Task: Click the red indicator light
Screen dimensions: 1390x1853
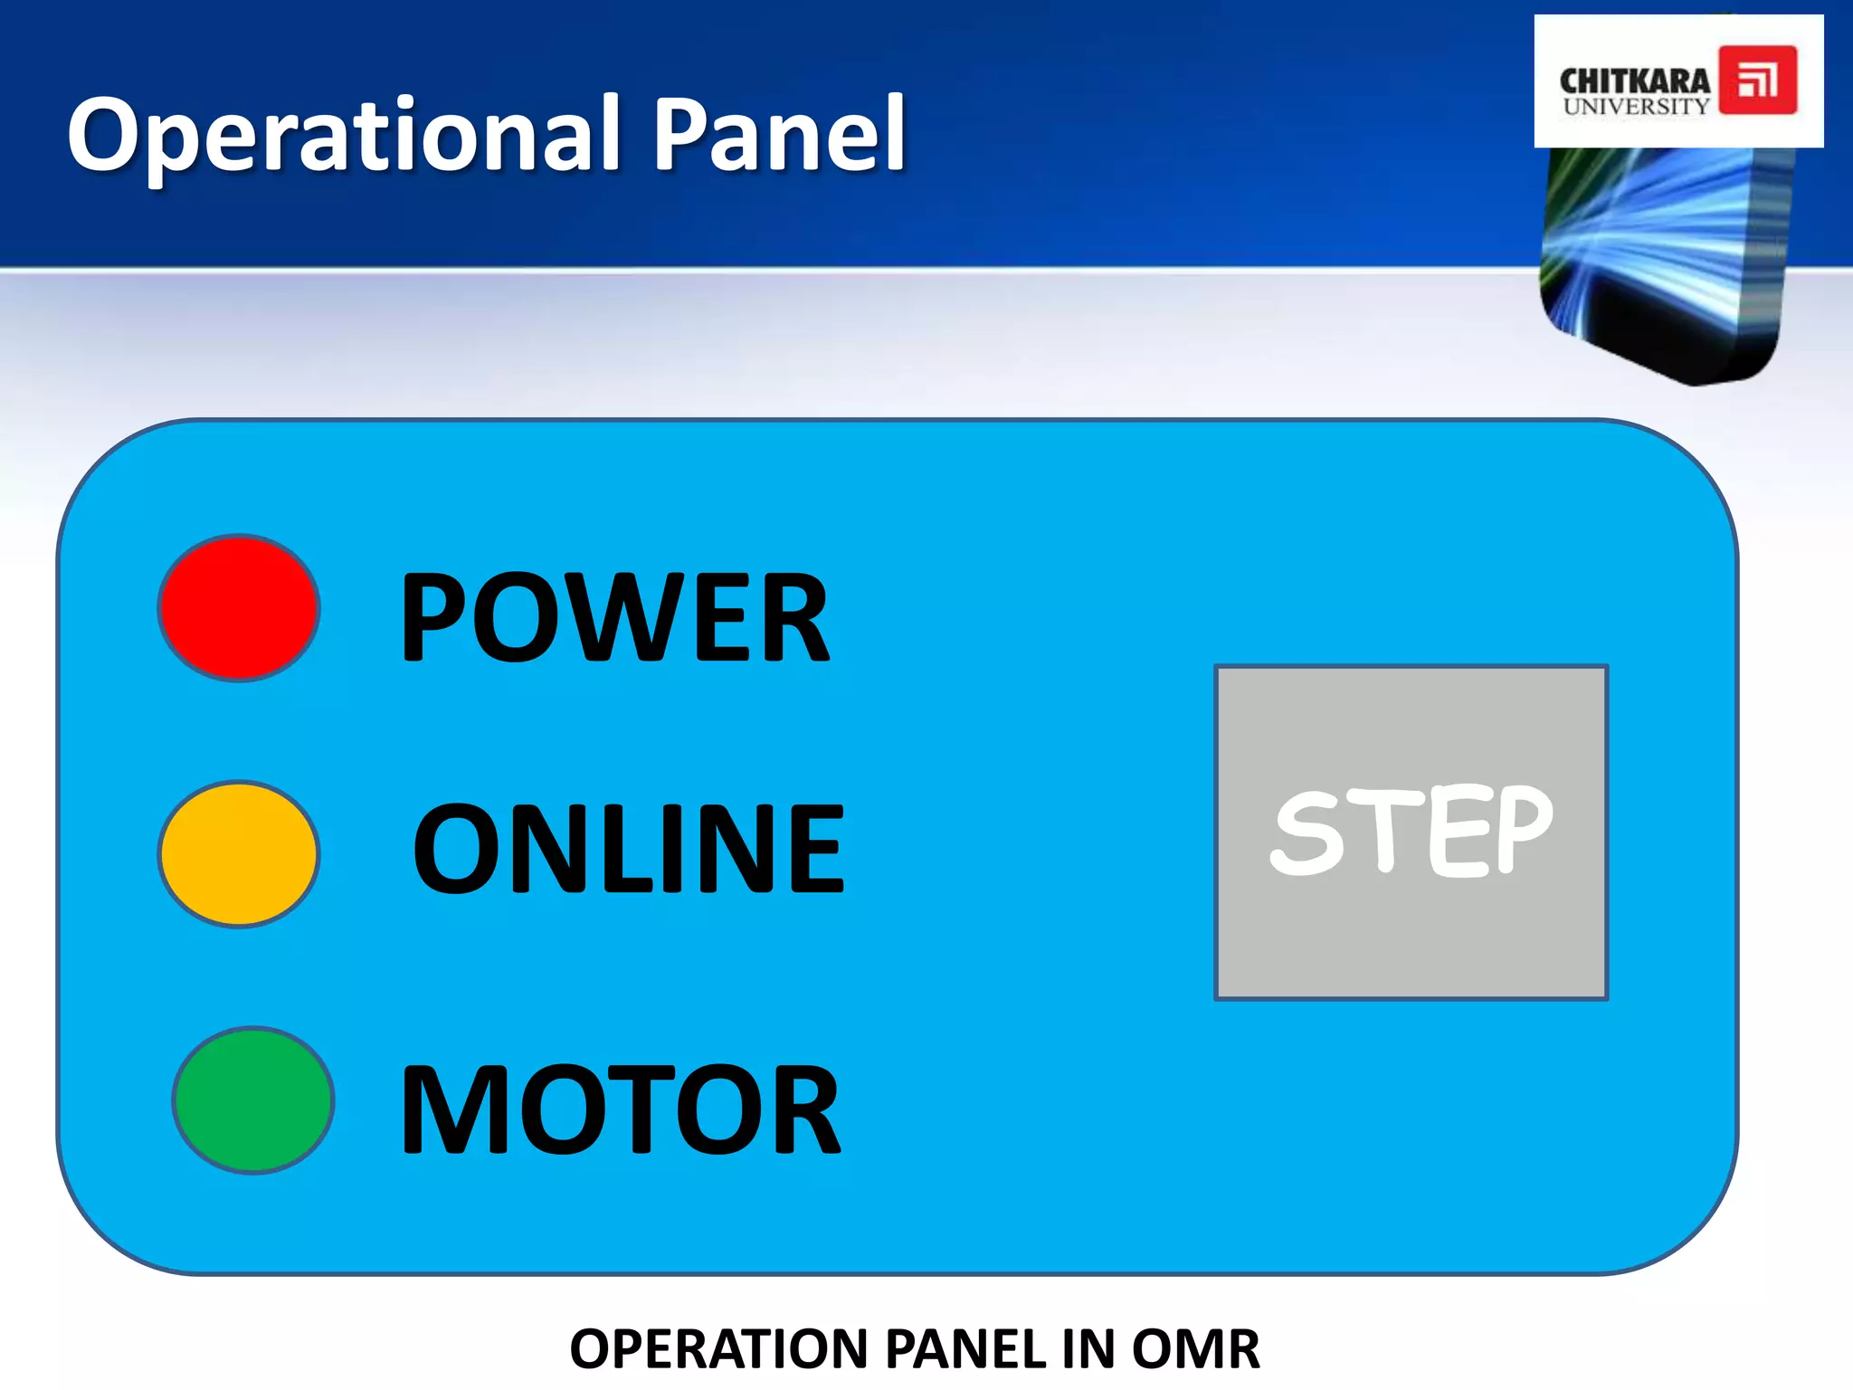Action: pyautogui.click(x=239, y=607)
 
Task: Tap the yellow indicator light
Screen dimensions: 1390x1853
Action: pyautogui.click(x=239, y=853)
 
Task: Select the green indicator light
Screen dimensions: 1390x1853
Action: pyautogui.click(x=253, y=1100)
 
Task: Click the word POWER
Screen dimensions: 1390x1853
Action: pyautogui.click(x=614, y=618)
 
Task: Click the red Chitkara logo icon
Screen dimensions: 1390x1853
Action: pyautogui.click(x=1757, y=81)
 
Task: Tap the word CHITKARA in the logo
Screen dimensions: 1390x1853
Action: pyautogui.click(x=1634, y=81)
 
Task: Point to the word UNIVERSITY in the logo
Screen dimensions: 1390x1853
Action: pyautogui.click(x=1635, y=106)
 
